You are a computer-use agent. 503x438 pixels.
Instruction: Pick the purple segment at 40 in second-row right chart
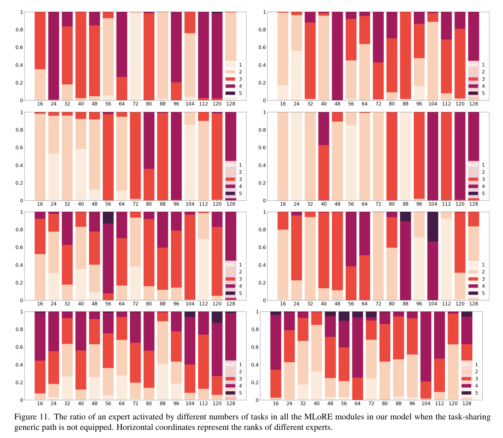[324, 128]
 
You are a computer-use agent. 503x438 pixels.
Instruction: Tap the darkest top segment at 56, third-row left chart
[108, 217]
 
